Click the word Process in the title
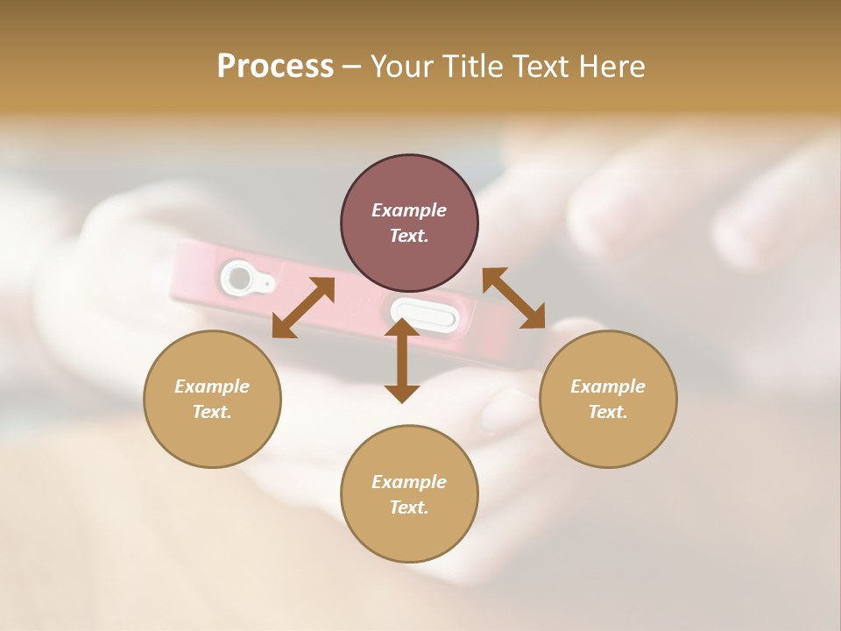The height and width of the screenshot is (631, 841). [x=275, y=67]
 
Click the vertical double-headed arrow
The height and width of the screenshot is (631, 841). [x=402, y=360]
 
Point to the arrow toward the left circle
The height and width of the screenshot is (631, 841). [x=303, y=308]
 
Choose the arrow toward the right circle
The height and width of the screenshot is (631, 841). [x=514, y=298]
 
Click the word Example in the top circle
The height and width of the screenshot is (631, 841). [x=409, y=210]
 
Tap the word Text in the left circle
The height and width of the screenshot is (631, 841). [x=212, y=412]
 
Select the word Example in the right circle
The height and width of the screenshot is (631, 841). [x=608, y=386]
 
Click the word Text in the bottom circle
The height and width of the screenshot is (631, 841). [x=409, y=507]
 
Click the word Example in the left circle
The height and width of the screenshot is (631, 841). [x=212, y=386]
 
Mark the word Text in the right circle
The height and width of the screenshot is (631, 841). [x=608, y=412]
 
